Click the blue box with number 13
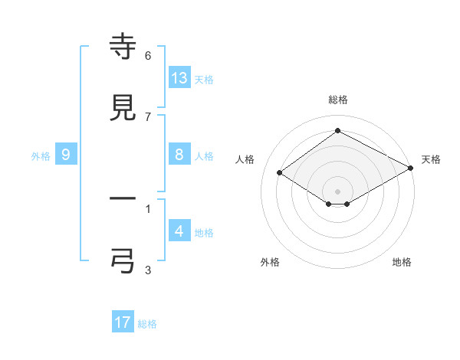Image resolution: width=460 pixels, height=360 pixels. [x=179, y=77]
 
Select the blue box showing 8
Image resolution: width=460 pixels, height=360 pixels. [x=179, y=155]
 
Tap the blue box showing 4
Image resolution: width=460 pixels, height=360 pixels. [x=179, y=231]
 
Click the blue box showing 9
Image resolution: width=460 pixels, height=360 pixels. [x=66, y=155]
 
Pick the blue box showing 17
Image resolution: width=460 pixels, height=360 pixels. [x=123, y=322]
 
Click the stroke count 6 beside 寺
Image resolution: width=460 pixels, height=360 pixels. [x=148, y=55]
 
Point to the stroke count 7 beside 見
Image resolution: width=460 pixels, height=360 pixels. [x=148, y=116]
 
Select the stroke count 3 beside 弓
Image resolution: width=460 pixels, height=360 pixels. [x=148, y=270]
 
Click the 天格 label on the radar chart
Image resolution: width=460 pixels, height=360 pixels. [x=431, y=159]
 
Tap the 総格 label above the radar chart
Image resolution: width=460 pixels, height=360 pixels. [x=337, y=100]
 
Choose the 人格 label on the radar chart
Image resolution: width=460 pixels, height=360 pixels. [x=245, y=159]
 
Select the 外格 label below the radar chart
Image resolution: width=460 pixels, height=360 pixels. [x=270, y=262]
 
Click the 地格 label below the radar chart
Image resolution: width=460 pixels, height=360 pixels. [x=402, y=262]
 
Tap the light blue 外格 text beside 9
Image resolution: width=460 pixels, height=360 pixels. [x=41, y=155]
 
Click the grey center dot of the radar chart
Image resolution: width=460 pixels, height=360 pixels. [x=337, y=191]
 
